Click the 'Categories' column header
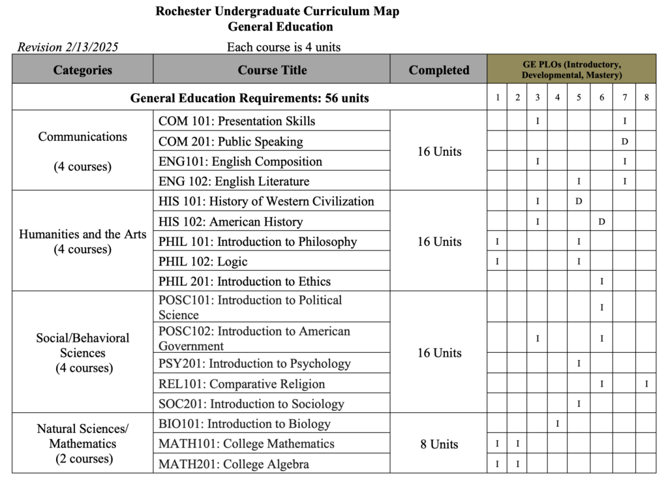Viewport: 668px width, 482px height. click(82, 70)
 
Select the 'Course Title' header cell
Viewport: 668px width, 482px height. click(272, 70)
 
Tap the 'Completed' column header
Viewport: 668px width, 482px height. click(438, 70)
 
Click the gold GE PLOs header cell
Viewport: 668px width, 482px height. click(571, 69)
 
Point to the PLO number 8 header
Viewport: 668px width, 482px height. click(646, 98)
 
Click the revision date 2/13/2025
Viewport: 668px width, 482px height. click(68, 47)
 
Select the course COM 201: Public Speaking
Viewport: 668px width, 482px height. click(231, 142)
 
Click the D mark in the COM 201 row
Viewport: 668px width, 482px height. click(624, 142)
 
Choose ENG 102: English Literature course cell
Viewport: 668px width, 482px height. click(234, 181)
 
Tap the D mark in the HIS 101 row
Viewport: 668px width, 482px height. click(579, 202)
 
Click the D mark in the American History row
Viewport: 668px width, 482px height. click(601, 222)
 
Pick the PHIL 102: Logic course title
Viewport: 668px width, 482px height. click(203, 262)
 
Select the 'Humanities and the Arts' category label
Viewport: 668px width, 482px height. click(82, 234)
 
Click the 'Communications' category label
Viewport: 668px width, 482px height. click(82, 137)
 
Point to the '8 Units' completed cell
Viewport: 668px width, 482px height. click(438, 444)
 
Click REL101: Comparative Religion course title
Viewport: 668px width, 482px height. click(242, 384)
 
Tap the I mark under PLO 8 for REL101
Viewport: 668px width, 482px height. click(646, 384)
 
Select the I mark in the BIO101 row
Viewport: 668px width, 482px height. click(558, 424)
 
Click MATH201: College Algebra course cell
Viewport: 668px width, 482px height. click(234, 464)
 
